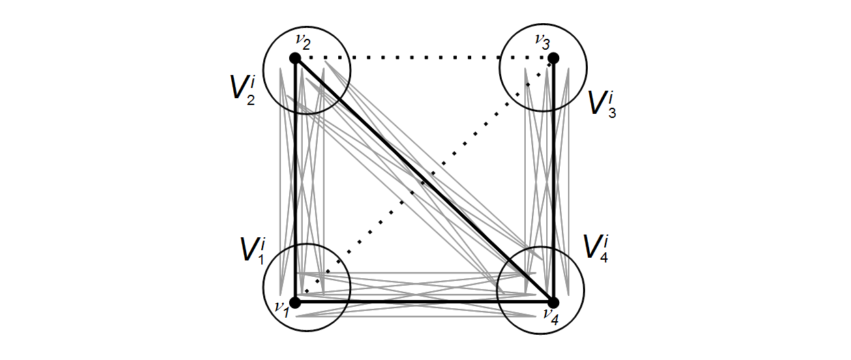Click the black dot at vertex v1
tap(295, 302)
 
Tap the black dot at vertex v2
tap(295, 59)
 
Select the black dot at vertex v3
tap(553, 59)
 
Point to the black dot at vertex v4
tap(553, 302)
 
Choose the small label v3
tap(543, 42)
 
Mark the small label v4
tap(550, 314)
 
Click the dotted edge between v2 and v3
tap(424, 58)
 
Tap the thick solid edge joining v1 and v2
tap(296, 181)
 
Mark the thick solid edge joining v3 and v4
tap(553, 181)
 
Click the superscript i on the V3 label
tap(614, 91)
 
